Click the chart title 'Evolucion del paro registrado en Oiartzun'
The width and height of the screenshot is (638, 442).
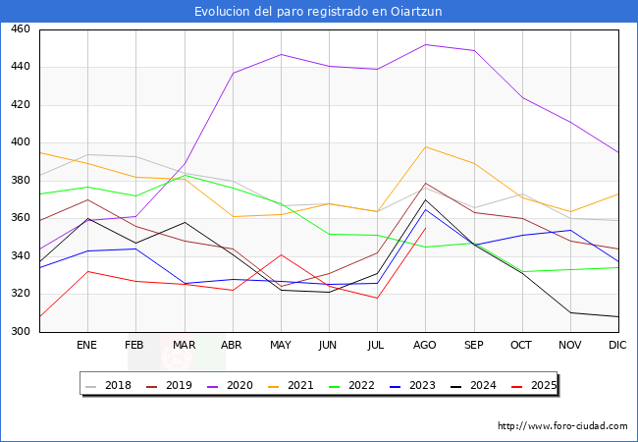tap(319, 11)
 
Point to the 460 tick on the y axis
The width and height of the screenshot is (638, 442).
tap(20, 29)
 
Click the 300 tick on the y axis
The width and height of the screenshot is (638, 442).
tap(20, 332)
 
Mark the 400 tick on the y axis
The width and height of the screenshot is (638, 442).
tap(20, 143)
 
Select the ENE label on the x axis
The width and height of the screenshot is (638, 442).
tap(87, 346)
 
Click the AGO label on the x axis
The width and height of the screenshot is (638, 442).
tap(425, 346)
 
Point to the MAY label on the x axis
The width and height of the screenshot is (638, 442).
tap(281, 346)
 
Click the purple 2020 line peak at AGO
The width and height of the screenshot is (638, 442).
tap(425, 44)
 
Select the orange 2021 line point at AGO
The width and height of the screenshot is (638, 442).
tap(425, 146)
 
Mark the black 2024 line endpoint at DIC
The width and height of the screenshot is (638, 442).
tap(618, 316)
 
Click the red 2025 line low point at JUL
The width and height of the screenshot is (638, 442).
tap(377, 298)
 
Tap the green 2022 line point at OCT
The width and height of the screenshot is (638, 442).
tap(522, 271)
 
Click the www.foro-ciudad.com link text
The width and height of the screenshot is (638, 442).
tap(562, 426)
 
